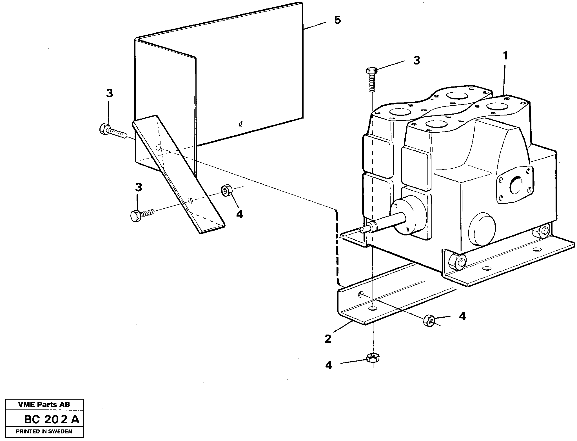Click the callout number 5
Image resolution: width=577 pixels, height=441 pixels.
coord(337,20)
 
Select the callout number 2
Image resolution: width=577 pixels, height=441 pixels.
coord(328,339)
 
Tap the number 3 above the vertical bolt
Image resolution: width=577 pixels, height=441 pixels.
coord(416,60)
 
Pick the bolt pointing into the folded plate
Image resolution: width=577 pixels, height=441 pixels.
coord(112,131)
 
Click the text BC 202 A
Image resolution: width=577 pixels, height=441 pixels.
coord(52,420)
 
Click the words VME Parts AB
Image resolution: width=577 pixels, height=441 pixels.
coord(44,405)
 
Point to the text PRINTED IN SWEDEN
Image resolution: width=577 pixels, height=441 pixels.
coord(44,431)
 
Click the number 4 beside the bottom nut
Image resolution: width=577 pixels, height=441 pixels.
coord(329,366)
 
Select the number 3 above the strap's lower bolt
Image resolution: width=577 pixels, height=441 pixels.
coord(138,188)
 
